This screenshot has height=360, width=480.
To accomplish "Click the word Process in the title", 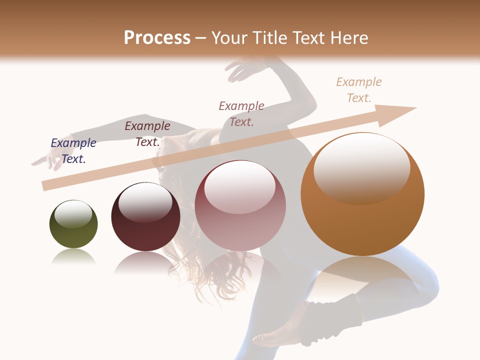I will [x=157, y=38].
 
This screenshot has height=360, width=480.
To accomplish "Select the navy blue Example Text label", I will [x=73, y=151].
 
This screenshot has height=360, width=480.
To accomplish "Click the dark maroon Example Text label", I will [x=147, y=134].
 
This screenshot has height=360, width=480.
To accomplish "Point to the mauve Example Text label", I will [x=241, y=113].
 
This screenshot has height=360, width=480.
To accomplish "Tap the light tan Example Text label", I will [x=359, y=90].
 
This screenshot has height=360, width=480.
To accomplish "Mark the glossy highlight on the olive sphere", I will [x=73, y=214].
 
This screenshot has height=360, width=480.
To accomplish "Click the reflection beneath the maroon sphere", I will [x=145, y=262].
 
